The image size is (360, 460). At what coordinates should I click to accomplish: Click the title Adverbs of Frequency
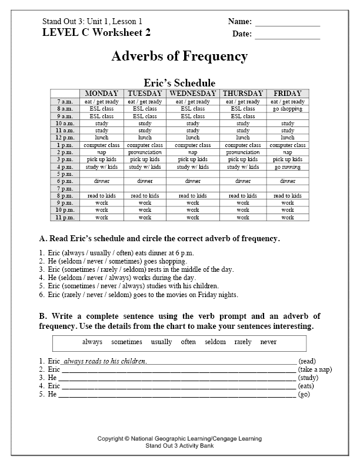179,56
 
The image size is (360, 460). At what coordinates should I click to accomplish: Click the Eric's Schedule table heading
179,83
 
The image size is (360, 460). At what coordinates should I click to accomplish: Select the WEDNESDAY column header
193,94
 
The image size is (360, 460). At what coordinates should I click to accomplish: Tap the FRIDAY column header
287,94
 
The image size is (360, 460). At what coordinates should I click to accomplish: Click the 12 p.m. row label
65,138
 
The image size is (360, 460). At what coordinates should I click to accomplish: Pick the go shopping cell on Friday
287,109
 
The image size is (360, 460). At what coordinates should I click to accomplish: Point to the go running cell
287,166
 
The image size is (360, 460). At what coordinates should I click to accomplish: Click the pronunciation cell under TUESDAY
145,152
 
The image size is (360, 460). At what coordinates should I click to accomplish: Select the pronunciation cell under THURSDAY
243,152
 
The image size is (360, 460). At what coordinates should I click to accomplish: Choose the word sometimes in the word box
126,342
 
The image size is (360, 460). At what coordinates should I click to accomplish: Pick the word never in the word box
268,342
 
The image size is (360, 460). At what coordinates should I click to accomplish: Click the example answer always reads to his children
105,361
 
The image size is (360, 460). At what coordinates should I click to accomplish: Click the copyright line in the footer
179,439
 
